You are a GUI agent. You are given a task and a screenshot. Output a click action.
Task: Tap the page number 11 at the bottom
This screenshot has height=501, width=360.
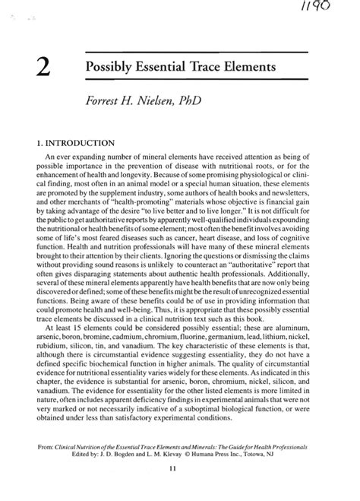(x=180, y=490)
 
